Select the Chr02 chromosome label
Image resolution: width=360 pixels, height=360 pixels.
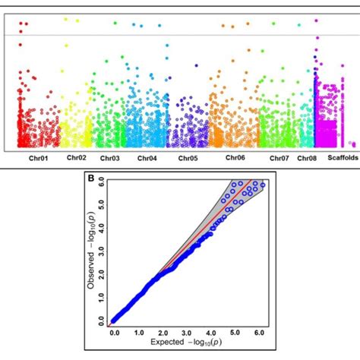coord(77,157)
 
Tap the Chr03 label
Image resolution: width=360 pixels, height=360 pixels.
coord(109,159)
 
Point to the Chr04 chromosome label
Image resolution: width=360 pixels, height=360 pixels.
coord(147,159)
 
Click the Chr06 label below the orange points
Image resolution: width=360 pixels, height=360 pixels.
coord(235,158)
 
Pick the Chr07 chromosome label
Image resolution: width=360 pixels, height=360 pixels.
coord(279,159)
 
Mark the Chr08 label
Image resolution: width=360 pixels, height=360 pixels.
coord(307,159)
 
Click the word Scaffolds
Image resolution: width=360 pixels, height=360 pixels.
coord(340,158)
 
